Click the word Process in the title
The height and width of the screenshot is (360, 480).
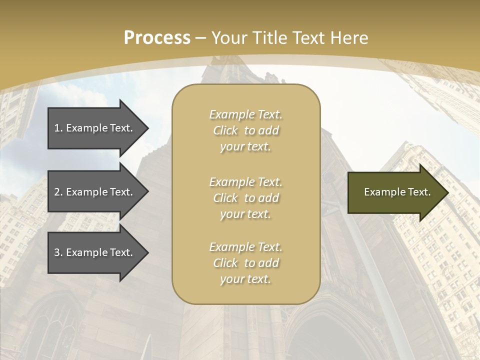pyautogui.click(x=157, y=38)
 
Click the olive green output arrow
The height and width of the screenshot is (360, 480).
pyautogui.click(x=395, y=192)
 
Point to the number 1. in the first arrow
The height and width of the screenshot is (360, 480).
pyautogui.click(x=58, y=128)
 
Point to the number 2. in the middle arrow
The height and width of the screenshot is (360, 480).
pyautogui.click(x=58, y=192)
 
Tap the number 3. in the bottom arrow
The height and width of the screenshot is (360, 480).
pyautogui.click(x=58, y=252)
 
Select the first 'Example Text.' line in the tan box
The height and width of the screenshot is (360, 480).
pyautogui.click(x=245, y=114)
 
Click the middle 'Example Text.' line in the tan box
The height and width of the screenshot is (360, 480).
pyautogui.click(x=245, y=182)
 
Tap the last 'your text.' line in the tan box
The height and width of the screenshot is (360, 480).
pyautogui.click(x=245, y=279)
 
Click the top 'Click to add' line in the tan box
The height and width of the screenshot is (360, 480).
pyautogui.click(x=245, y=130)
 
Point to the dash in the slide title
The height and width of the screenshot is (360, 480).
pyautogui.click(x=201, y=38)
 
